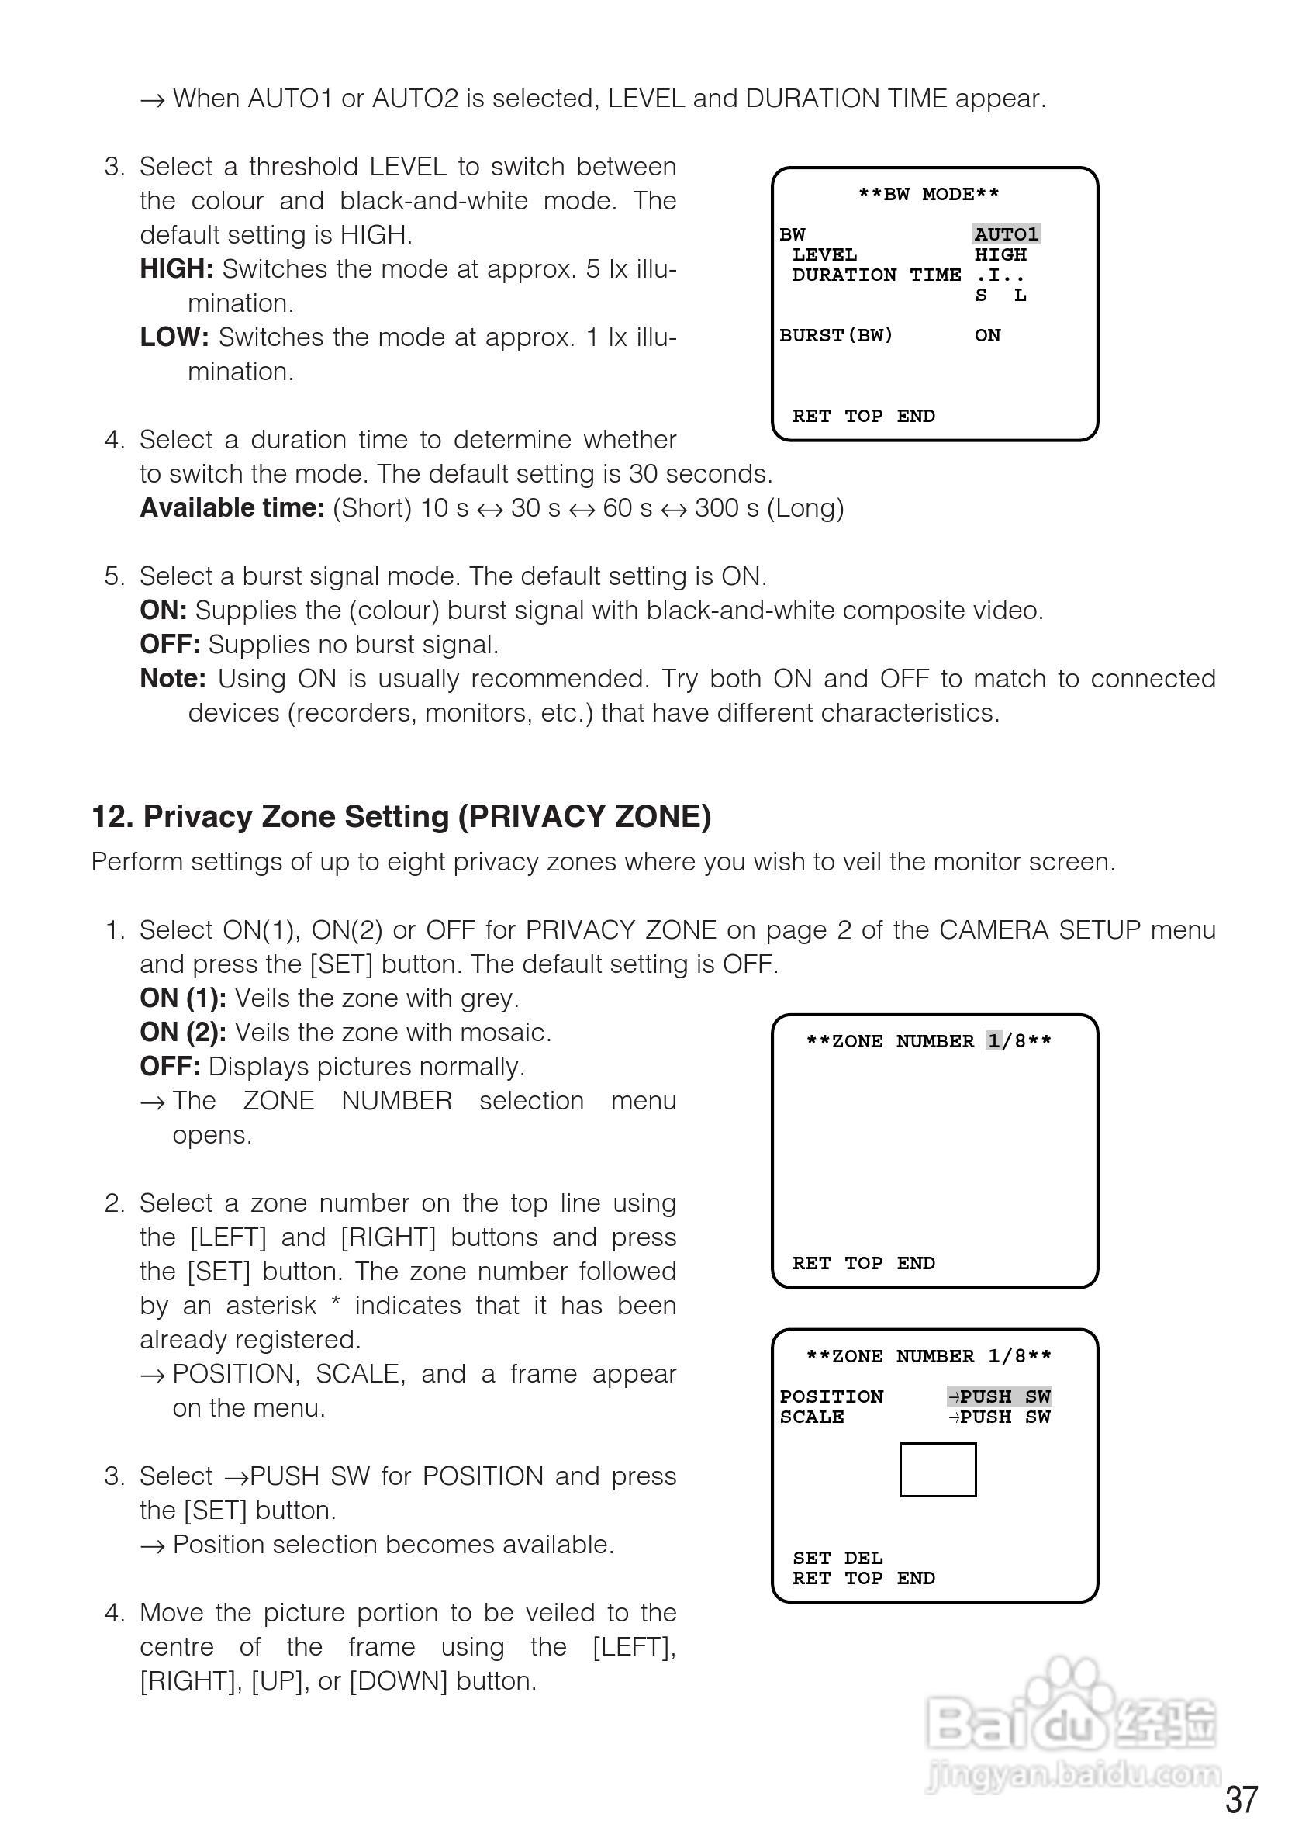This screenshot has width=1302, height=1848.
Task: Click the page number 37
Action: [1241, 1800]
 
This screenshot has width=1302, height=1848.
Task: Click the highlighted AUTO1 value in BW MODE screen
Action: [1006, 234]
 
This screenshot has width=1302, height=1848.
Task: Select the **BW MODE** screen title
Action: [929, 194]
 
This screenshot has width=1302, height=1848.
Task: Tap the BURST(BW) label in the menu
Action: [836, 335]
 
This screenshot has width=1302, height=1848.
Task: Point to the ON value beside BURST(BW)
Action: [987, 335]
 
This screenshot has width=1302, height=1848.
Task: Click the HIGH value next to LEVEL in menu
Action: [1000, 254]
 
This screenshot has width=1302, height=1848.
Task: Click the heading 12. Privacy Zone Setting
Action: [402, 816]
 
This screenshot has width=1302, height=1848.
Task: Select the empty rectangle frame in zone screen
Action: [938, 1469]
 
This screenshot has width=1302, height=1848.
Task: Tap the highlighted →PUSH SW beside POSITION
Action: [1000, 1396]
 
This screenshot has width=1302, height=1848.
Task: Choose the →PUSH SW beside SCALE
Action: [1000, 1417]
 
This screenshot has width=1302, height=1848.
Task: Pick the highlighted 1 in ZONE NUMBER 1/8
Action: [995, 1040]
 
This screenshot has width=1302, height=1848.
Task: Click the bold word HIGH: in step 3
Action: [176, 269]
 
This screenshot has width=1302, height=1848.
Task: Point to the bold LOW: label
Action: [174, 337]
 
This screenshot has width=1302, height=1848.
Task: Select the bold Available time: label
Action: [232, 508]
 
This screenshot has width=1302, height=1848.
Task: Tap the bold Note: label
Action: [173, 679]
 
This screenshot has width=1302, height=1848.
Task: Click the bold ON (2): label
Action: [183, 1032]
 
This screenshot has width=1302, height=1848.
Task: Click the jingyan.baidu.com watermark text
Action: [1073, 1775]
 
